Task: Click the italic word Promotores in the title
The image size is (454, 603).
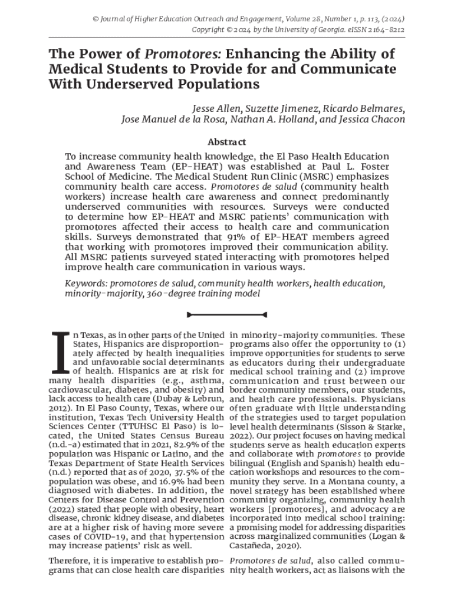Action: [x=183, y=54]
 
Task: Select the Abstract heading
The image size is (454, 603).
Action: [x=227, y=142]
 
